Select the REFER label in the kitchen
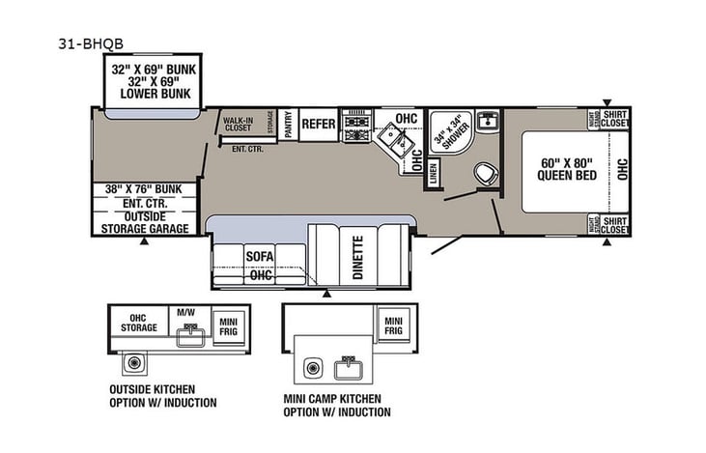click(318, 124)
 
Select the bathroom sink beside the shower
click(488, 121)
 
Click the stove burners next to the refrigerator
click(357, 124)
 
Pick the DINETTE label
click(357, 256)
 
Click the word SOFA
click(259, 256)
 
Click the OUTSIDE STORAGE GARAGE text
click(145, 222)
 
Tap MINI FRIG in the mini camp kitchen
click(392, 325)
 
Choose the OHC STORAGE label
click(138, 322)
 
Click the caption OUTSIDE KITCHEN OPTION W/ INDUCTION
click(162, 396)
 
